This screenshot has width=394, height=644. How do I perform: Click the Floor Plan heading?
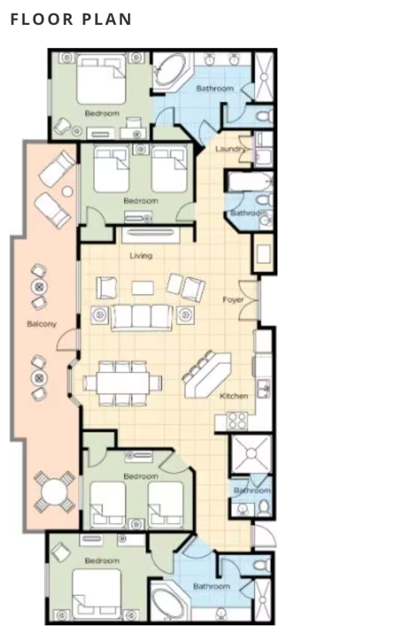coord(71,19)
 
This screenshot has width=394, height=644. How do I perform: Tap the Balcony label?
coord(42,324)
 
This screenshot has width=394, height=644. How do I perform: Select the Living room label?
coord(141,256)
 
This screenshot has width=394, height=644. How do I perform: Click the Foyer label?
coord(233,300)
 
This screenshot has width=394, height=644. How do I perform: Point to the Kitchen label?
coord(234,396)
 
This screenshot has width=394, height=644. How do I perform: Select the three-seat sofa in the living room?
coord(142,318)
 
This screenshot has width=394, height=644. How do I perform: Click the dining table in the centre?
coord(123,382)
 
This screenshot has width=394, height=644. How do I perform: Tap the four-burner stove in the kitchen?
coord(237,421)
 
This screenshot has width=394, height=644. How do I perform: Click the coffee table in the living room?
coord(143,288)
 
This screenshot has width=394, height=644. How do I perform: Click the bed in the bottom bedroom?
coord(97,594)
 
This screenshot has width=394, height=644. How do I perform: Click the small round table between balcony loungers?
coord(67,191)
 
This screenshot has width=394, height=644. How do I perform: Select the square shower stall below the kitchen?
coord(251,454)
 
